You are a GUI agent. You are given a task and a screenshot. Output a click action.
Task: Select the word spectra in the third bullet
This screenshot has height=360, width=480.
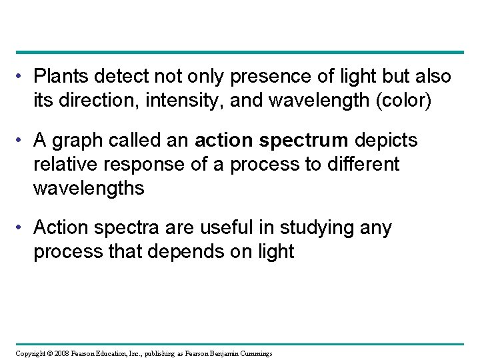(126, 229)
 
